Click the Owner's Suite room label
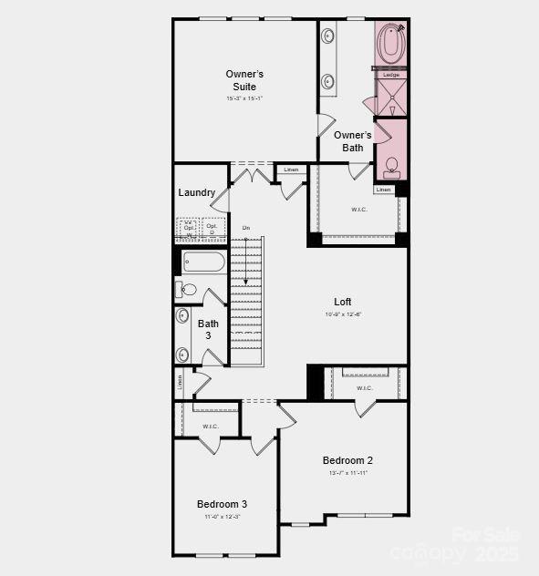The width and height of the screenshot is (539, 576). point(244,79)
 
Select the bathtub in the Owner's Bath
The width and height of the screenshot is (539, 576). point(393,43)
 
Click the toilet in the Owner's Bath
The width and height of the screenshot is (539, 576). point(392,167)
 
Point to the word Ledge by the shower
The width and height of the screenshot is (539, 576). point(391,75)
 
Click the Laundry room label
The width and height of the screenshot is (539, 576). point(197,192)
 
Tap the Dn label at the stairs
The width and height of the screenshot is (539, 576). point(245,227)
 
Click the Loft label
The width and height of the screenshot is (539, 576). point(342,302)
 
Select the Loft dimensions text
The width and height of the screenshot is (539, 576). point(342,314)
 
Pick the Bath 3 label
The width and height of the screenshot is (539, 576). point(208,329)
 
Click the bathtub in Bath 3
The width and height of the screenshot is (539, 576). point(203,262)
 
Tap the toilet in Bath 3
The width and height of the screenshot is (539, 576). point(186,290)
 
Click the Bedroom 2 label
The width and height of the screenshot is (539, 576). point(347,460)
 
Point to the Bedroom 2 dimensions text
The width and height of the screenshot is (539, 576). point(347,473)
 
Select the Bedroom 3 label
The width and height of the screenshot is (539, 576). point(222,504)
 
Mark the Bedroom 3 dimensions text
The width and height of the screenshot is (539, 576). point(222,517)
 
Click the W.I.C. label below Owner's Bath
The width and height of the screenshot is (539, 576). point(358,210)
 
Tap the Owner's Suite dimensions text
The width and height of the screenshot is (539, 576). point(244,98)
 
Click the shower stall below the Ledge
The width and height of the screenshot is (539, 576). point(390,98)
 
